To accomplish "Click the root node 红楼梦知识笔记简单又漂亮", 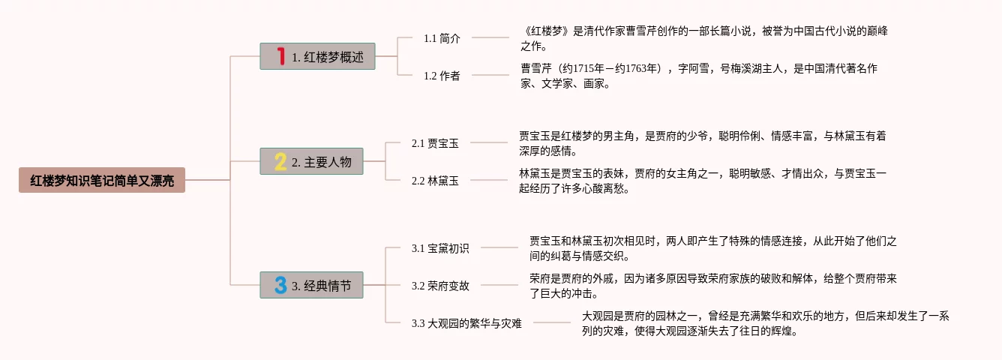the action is pyautogui.click(x=101, y=180).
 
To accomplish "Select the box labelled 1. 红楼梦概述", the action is pyautogui.click(x=317, y=56).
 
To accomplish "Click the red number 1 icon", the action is pyautogui.click(x=280, y=56).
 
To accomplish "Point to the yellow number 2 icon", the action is pyautogui.click(x=280, y=161).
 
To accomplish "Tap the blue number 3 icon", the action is pyautogui.click(x=280, y=285).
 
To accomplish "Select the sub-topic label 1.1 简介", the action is pyautogui.click(x=442, y=38).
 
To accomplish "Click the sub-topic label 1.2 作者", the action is pyautogui.click(x=442, y=76).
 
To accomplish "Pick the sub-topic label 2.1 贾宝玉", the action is pyautogui.click(x=435, y=143).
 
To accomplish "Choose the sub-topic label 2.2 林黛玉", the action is pyautogui.click(x=435, y=181).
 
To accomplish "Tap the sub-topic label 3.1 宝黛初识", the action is pyautogui.click(x=440, y=248).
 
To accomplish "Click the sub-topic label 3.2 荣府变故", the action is pyautogui.click(x=440, y=286).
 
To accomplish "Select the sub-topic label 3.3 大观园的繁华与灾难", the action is pyautogui.click(x=466, y=323).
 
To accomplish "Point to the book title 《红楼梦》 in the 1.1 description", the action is pyautogui.click(x=547, y=31).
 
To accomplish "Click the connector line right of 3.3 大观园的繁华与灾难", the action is pyautogui.click(x=552, y=322).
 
